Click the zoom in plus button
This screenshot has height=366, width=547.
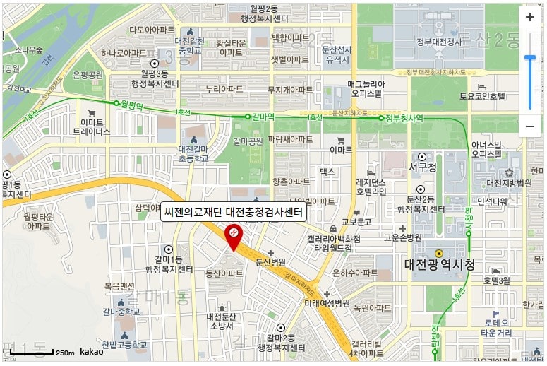tap(530, 17)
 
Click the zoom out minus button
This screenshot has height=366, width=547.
tap(530, 126)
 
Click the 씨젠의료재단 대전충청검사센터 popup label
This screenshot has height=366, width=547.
tap(233, 211)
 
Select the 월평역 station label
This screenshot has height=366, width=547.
tap(132, 103)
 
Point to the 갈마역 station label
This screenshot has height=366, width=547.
tap(262, 116)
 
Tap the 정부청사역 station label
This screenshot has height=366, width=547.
tap(404, 118)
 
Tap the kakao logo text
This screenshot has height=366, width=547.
tap(92, 351)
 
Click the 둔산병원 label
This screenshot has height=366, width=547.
tap(270, 261)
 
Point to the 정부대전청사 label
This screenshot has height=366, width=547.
tap(439, 42)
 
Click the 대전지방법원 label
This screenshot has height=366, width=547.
tap(508, 183)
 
